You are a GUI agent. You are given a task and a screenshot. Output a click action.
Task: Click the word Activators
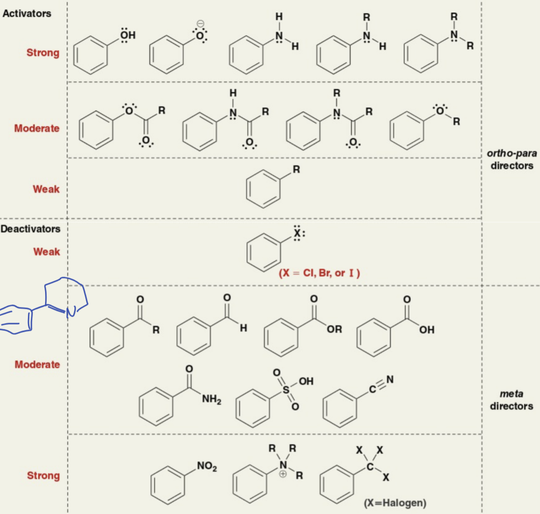pos(26,14)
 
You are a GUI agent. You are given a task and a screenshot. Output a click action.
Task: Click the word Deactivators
pos(30,229)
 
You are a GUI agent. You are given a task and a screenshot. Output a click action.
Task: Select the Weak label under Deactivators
pos(47,252)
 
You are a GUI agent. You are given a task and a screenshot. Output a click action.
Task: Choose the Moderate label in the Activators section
pos(37,128)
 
